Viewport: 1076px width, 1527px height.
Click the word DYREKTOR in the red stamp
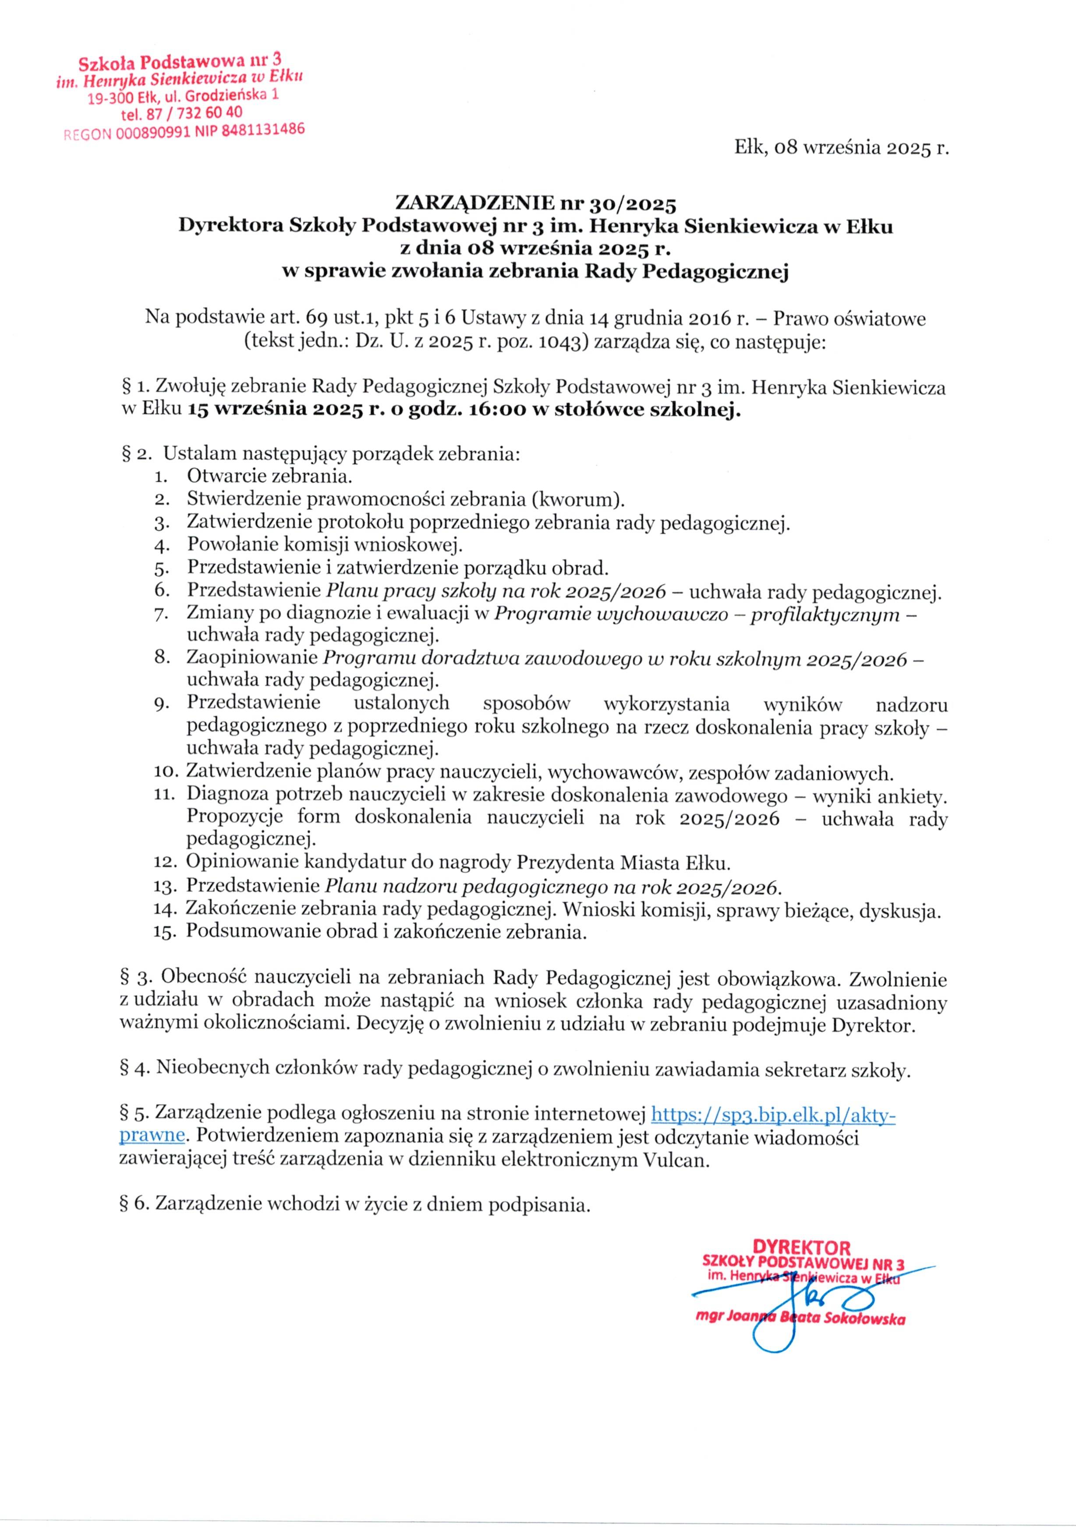click(801, 1246)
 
